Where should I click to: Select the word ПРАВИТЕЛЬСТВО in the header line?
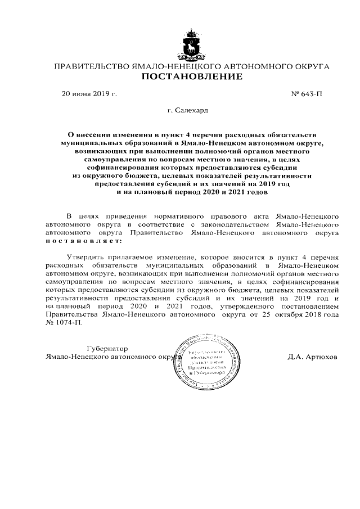[x=90, y=66]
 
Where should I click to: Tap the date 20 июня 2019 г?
[x=89, y=93]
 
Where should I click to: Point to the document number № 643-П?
[x=307, y=93]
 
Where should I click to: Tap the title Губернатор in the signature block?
[x=107, y=348]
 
